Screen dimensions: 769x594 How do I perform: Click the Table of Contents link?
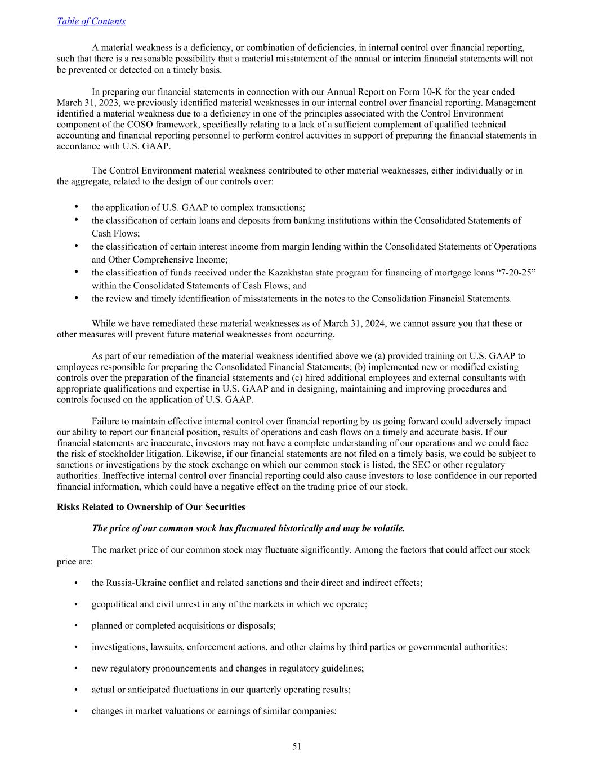click(91, 21)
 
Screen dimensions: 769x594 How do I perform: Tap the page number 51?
click(297, 746)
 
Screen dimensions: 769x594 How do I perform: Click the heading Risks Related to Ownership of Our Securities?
click(151, 507)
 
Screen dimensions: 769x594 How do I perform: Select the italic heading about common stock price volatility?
click(248, 528)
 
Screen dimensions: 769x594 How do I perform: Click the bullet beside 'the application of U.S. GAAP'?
click(76, 207)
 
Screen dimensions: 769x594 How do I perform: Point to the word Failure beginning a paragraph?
click(106, 421)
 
